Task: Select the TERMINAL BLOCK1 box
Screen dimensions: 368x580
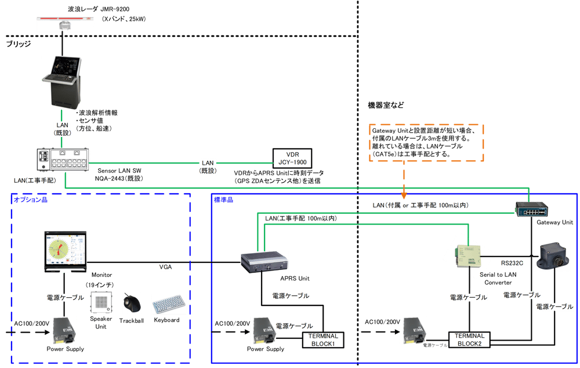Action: click(322, 340)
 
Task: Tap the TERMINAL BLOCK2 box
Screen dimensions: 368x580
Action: click(469, 339)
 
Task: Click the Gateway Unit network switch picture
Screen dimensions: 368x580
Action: click(531, 209)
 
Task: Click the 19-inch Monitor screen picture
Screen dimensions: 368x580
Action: click(65, 251)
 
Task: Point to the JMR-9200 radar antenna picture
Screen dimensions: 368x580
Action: click(65, 24)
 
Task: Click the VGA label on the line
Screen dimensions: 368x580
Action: click(166, 268)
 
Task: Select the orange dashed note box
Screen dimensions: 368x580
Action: click(426, 142)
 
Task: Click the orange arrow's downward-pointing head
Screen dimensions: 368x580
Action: click(403, 192)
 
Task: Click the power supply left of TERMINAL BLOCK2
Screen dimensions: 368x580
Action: click(415, 333)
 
